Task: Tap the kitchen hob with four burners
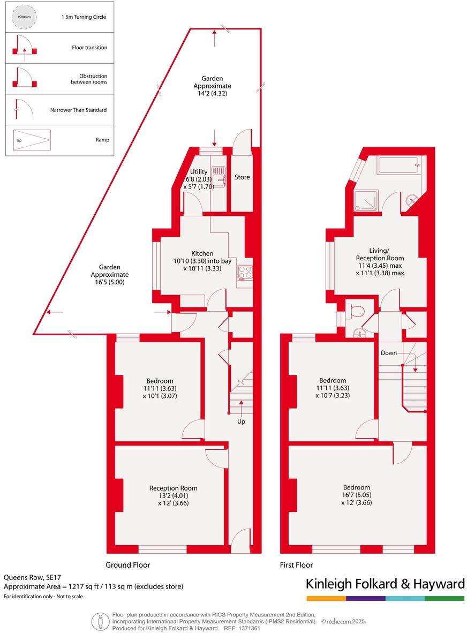[x=245, y=273]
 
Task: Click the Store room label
[x=242, y=177]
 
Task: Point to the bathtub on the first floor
[x=398, y=165]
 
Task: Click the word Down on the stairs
[x=389, y=353]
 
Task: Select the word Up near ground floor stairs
[x=241, y=422]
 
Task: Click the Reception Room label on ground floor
[x=173, y=488]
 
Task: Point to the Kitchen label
[x=202, y=253]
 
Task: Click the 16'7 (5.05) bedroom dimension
[x=356, y=495]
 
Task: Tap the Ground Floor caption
[x=127, y=564]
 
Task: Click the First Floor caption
[x=296, y=564]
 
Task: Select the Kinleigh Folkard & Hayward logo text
[x=385, y=583]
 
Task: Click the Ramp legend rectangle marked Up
[x=32, y=140]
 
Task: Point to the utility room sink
[x=219, y=176]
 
